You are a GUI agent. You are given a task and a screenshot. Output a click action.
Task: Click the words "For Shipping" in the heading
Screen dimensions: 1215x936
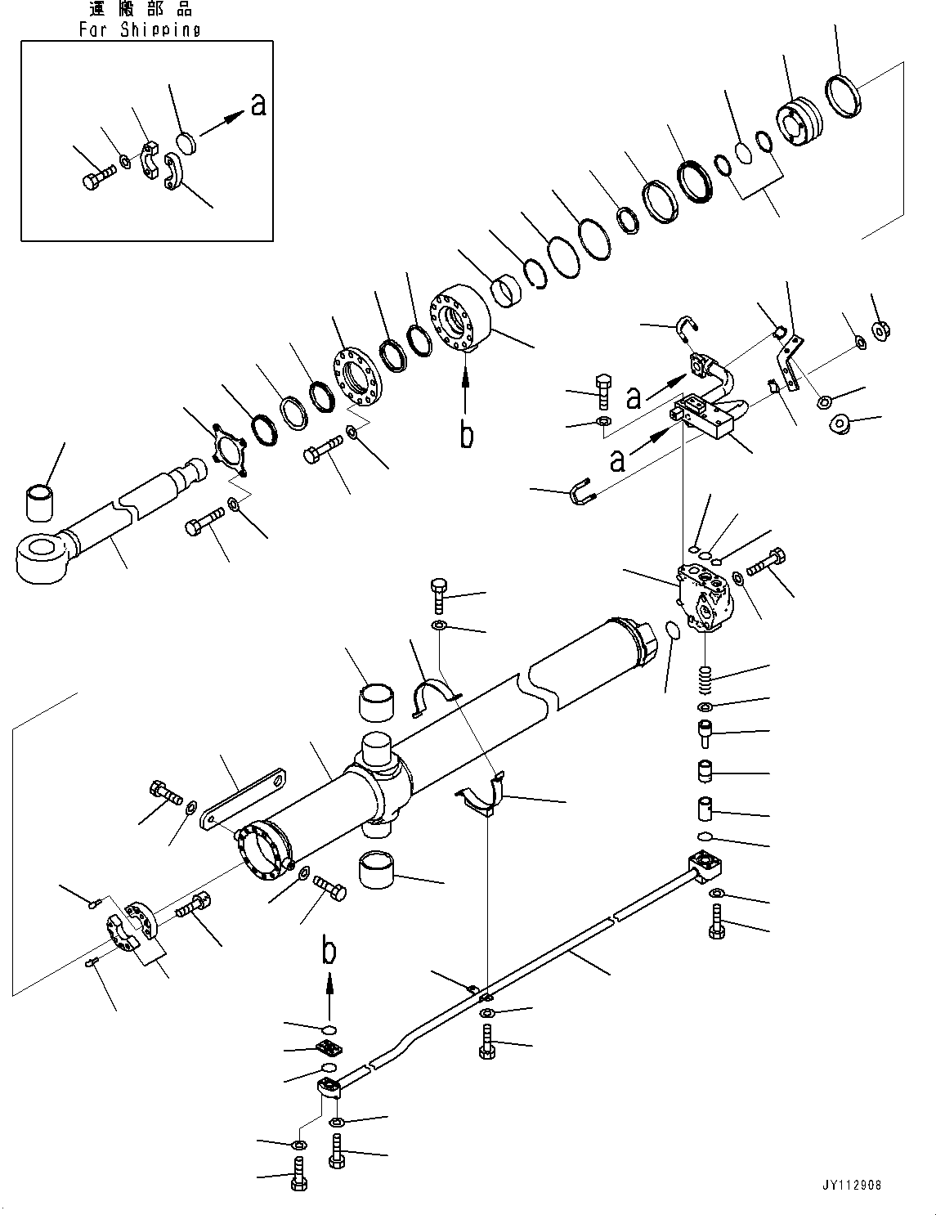(140, 30)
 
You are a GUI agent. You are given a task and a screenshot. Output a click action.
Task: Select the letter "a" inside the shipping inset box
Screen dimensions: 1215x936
(258, 105)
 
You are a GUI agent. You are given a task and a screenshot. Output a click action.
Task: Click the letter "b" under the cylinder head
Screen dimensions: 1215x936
(465, 434)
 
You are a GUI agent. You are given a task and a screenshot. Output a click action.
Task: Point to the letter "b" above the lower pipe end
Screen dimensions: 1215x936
(329, 951)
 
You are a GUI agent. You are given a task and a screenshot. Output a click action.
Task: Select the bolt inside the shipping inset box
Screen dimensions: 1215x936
(96, 177)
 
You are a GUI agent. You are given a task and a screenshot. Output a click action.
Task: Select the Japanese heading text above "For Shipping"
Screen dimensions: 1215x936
(140, 10)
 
